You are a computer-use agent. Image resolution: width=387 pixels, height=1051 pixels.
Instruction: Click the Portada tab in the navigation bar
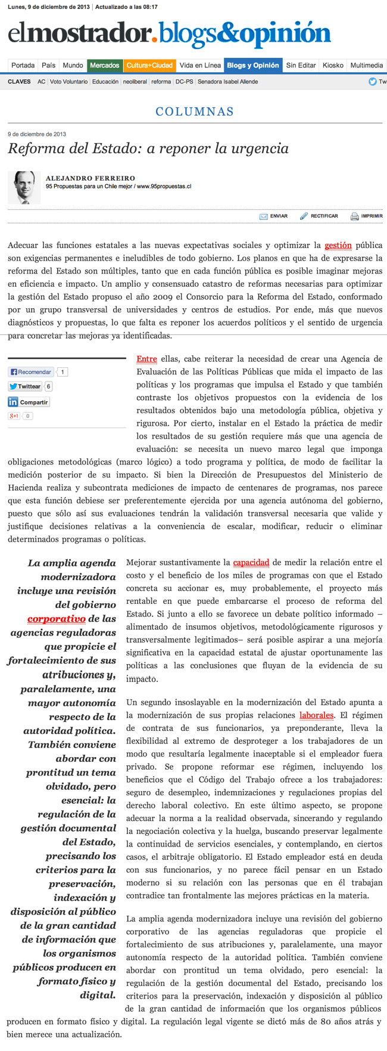pos(23,66)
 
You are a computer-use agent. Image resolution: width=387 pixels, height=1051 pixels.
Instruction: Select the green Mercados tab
pos(105,66)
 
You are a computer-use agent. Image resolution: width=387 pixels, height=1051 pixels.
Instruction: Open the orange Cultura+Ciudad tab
pos(149,66)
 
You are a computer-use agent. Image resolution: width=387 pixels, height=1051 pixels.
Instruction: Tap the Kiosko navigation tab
pos(333,66)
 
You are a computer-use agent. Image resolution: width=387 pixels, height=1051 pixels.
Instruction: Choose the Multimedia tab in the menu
pos(366,66)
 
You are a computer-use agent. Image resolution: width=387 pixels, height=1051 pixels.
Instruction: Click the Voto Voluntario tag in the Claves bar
pos(68,82)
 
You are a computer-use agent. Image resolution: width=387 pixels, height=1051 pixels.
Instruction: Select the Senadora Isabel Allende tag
pos(227,82)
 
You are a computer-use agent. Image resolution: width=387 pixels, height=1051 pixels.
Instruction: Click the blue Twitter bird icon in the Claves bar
pos(372,82)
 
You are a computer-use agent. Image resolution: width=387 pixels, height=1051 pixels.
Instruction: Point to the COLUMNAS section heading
pos(194,111)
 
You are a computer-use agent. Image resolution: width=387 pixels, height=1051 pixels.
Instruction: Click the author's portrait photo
pos(24,188)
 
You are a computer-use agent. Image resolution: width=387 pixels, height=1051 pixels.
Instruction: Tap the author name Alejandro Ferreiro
pos(90,178)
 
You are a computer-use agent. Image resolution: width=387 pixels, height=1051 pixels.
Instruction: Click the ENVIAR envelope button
pos(273,216)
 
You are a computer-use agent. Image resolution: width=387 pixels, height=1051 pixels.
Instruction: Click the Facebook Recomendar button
pos(31,372)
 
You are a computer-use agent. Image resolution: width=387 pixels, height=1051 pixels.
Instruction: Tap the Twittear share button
pos(25,386)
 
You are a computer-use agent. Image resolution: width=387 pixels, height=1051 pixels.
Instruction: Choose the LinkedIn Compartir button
pos(29,402)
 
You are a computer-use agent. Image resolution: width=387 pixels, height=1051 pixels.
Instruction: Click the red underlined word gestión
pos(338,246)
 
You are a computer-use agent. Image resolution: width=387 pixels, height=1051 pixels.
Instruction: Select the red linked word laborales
pos(316,715)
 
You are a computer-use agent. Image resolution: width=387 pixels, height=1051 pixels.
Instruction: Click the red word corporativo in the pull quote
pos(57,619)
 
